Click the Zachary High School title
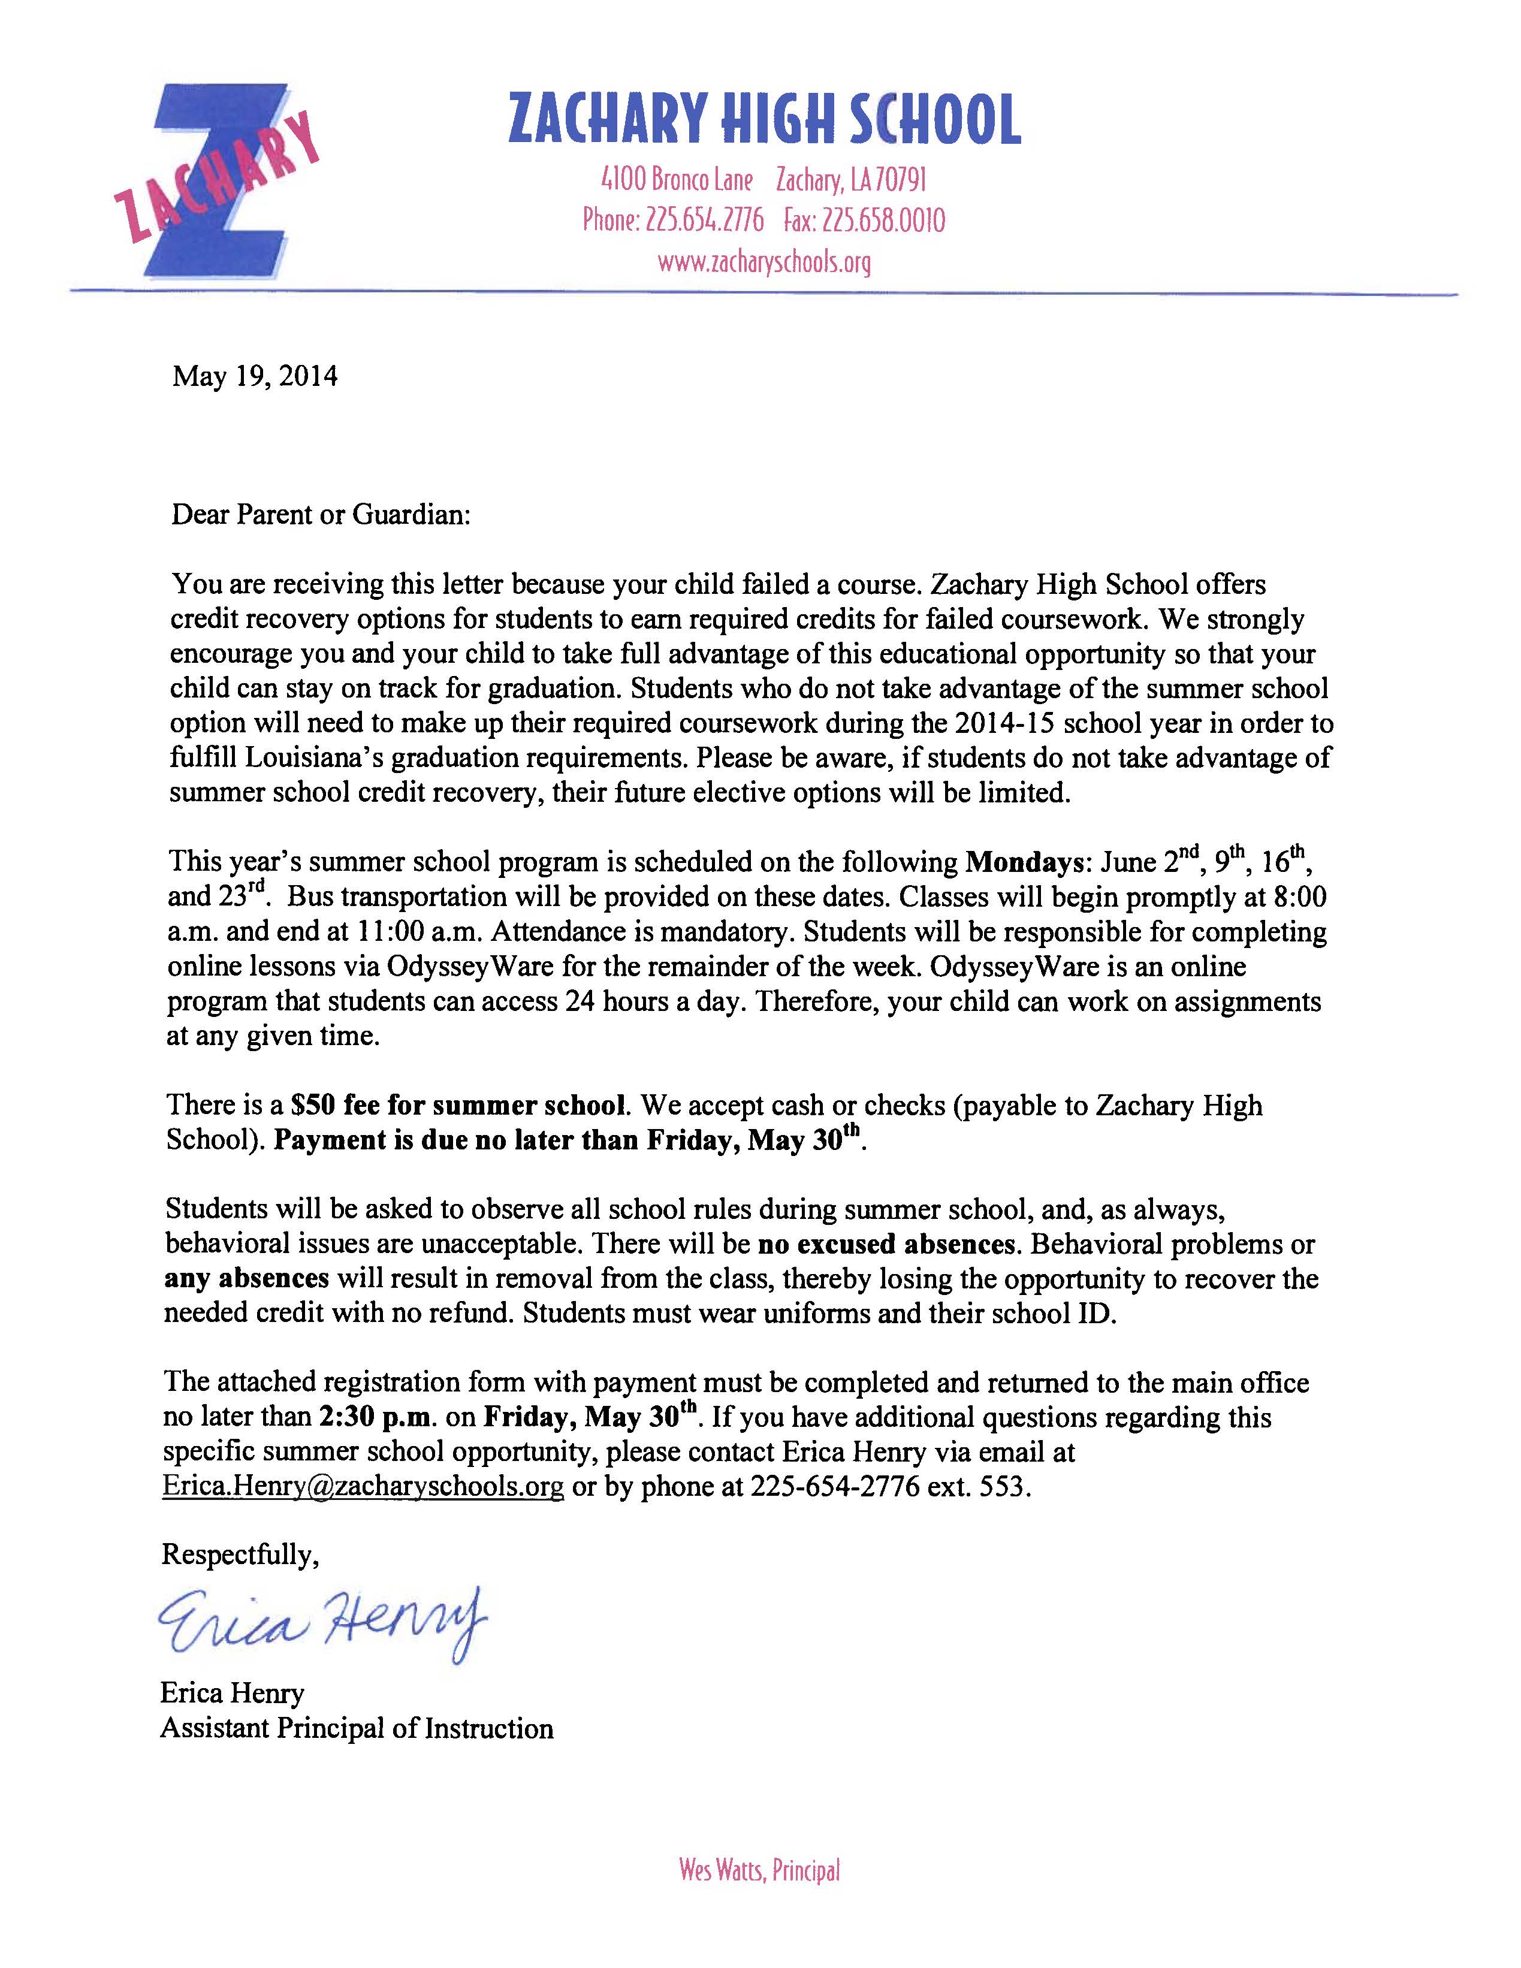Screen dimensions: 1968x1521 764,120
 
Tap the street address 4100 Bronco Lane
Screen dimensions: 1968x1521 677,181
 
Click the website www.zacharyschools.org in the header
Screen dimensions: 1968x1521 764,263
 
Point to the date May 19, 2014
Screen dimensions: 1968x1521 255,376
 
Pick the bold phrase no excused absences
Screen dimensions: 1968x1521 886,1245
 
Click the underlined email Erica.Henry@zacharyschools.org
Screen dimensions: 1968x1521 363,1486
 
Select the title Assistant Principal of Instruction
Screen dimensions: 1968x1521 357,1728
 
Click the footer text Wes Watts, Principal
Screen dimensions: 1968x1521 759,1871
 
